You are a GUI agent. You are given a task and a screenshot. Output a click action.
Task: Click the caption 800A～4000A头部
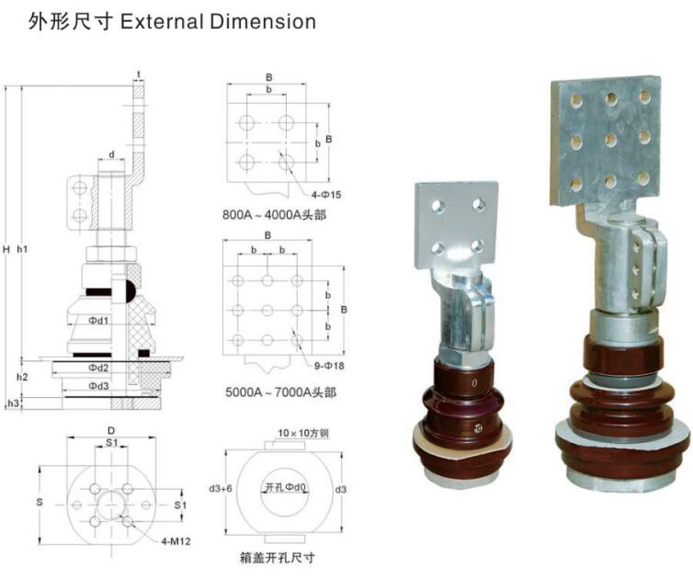pyautogui.click(x=274, y=216)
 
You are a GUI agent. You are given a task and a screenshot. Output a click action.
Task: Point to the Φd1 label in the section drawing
pyautogui.click(x=98, y=321)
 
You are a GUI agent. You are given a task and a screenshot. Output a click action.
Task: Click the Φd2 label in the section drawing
pyautogui.click(x=98, y=368)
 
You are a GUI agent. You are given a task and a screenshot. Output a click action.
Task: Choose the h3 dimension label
pyautogui.click(x=12, y=403)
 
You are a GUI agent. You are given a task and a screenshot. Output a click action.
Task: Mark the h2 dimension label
pyautogui.click(x=23, y=377)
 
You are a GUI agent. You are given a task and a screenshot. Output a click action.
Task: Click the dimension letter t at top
pyautogui.click(x=138, y=74)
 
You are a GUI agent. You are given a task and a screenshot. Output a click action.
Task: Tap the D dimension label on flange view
pyautogui.click(x=111, y=429)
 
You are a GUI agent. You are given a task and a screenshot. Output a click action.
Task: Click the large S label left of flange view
pyautogui.click(x=39, y=503)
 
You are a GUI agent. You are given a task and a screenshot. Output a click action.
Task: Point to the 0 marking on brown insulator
pyautogui.click(x=473, y=382)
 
